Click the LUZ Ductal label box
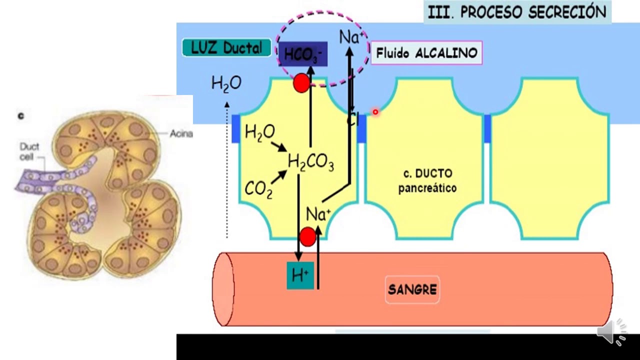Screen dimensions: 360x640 226,48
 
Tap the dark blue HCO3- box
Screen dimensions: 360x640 303,54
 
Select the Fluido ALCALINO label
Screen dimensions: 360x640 426,53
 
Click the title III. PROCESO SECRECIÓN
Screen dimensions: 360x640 517,12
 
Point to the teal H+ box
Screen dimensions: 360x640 300,275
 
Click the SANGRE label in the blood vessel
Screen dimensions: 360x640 412,289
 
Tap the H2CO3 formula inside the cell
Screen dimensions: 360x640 311,162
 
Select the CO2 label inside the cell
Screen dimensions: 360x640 258,189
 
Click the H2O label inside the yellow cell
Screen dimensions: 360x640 259,132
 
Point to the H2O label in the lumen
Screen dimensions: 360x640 226,83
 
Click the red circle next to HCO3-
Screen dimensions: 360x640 301,83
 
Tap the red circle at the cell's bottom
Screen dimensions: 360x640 307,236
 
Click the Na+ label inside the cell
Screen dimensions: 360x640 318,214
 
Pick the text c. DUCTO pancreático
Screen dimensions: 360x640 427,181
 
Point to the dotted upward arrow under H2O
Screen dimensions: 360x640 227,170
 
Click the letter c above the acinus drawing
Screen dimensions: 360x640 21,116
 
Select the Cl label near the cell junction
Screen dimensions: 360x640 353,119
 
